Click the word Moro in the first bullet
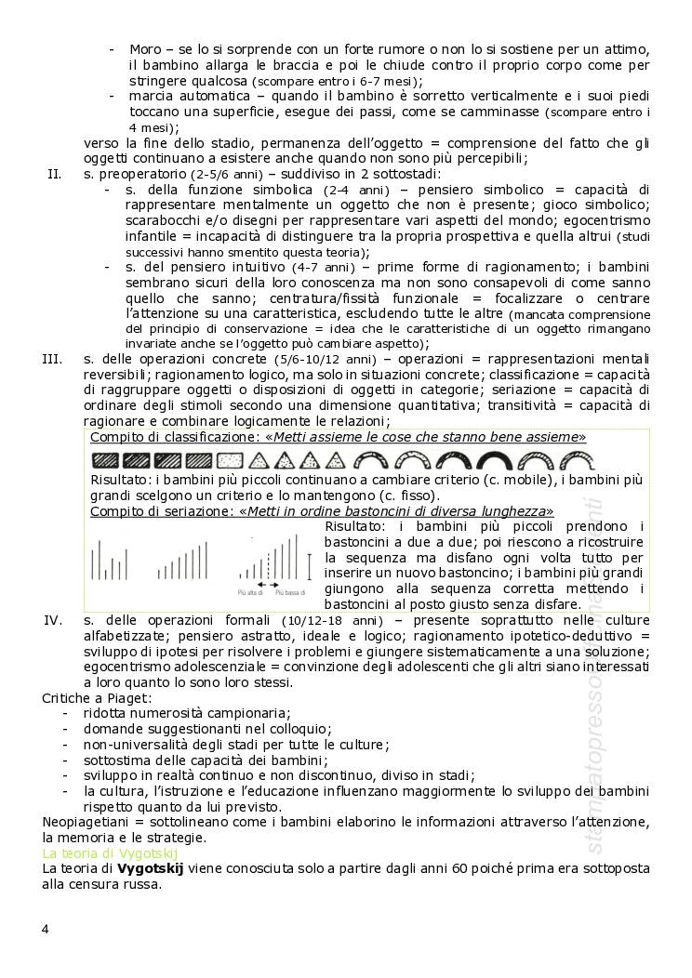[x=144, y=48]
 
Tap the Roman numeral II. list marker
[x=54, y=174]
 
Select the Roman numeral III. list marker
[x=52, y=358]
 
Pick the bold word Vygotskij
[x=150, y=867]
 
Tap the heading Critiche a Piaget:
[x=97, y=697]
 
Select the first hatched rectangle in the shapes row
[x=105, y=459]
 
